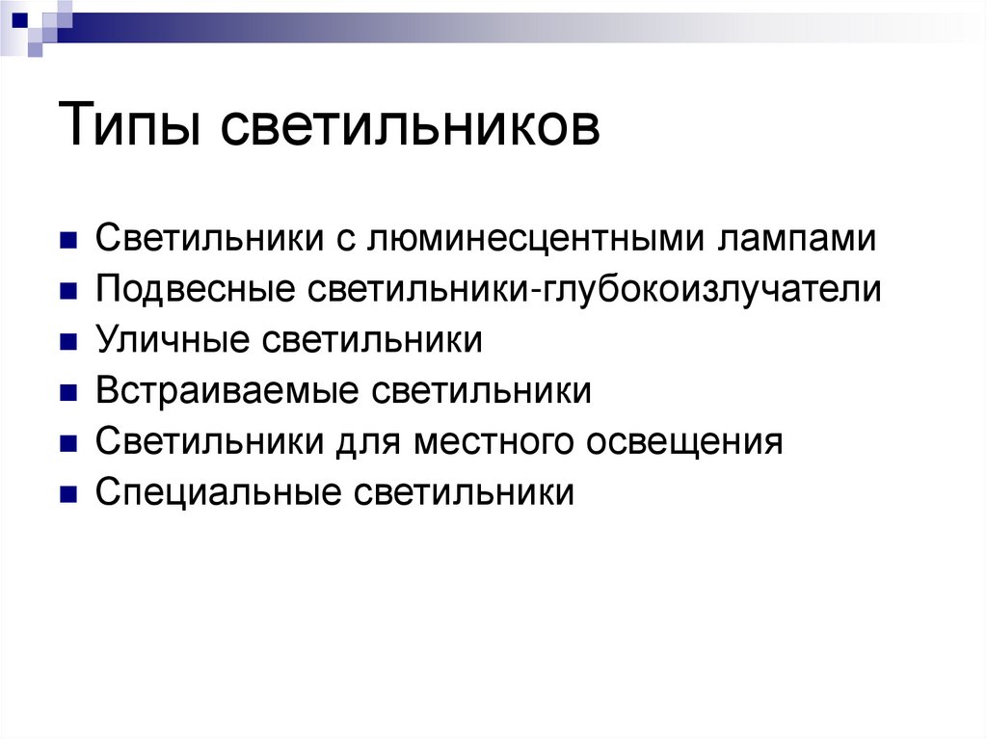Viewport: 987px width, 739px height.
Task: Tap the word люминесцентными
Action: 535,238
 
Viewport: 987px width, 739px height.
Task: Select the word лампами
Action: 795,239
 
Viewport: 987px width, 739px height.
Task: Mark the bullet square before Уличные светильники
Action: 67,343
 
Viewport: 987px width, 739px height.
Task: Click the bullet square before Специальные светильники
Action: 67,496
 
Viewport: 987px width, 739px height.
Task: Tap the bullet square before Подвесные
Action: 67,292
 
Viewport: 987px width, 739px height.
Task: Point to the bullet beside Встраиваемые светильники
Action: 67,394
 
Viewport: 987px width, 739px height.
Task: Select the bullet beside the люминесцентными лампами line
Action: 67,241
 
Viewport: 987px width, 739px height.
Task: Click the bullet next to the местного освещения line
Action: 67,445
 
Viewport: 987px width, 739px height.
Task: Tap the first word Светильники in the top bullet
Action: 208,238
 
